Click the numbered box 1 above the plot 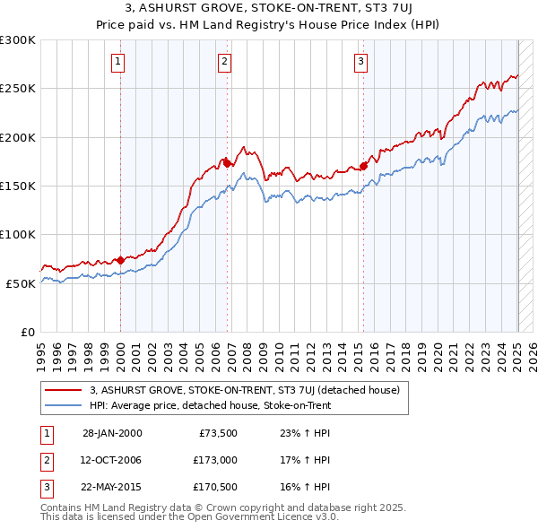point(118,62)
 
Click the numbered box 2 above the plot point(224,62)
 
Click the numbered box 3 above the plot point(360,62)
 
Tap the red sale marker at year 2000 point(120,260)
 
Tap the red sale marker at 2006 point(227,164)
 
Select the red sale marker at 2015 point(364,166)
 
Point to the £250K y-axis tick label point(18,89)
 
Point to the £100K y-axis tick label point(18,234)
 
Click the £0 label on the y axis point(27,332)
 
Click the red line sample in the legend point(64,390)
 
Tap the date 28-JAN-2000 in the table point(111,432)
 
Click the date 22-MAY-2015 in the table point(111,489)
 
